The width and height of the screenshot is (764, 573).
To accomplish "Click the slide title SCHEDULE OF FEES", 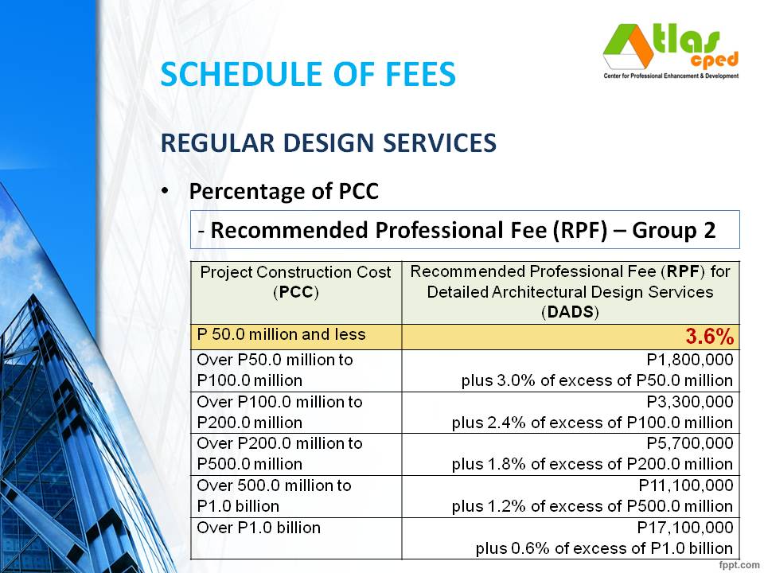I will pos(307,74).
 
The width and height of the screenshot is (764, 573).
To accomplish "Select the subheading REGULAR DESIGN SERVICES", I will pos(328,142).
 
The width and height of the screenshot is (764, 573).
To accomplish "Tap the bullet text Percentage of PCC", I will pos(283,192).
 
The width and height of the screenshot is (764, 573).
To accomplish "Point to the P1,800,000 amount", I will pos(685,360).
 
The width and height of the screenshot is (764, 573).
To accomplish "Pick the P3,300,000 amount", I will pos(685,402).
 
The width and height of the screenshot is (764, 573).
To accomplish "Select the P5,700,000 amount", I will pos(685,443).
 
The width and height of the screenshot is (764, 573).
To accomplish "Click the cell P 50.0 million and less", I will pos(281,334).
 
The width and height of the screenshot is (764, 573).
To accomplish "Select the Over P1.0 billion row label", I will pos(259,527).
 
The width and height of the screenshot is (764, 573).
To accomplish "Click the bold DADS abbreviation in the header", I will pos(570,312).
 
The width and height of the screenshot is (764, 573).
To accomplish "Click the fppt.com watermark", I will pos(739,564).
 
